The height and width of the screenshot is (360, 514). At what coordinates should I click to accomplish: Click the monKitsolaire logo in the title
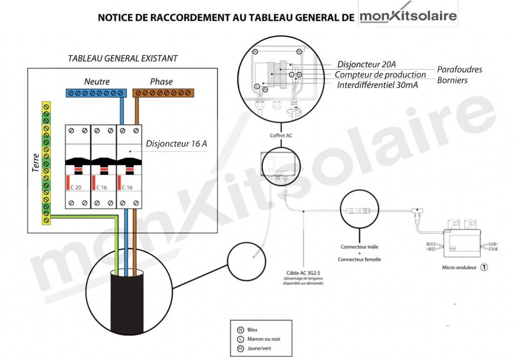tap(408, 16)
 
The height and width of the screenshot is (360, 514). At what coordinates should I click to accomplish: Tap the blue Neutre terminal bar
tap(95, 93)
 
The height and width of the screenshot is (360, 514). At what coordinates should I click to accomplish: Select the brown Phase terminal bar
tap(164, 93)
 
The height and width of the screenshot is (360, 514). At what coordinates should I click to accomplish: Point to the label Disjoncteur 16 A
tap(176, 144)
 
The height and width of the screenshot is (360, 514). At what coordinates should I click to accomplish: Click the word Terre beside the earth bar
tap(36, 164)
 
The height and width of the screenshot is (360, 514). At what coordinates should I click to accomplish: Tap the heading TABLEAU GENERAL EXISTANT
tap(122, 58)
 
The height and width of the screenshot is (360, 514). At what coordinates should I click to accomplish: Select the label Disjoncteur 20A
tap(366, 64)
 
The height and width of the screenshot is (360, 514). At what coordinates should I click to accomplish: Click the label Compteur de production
tap(380, 75)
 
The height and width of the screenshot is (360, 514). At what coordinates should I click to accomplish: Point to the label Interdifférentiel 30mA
tap(377, 85)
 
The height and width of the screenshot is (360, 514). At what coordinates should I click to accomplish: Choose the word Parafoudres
tap(459, 69)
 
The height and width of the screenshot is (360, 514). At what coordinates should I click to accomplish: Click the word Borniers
tap(452, 80)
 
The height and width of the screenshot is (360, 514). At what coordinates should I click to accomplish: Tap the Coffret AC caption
tap(281, 136)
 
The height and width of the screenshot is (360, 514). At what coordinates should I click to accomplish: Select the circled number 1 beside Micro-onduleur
tap(484, 267)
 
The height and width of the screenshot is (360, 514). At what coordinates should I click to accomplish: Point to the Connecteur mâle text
tap(359, 247)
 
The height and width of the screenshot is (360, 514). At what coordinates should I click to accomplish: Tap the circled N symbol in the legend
tap(240, 329)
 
